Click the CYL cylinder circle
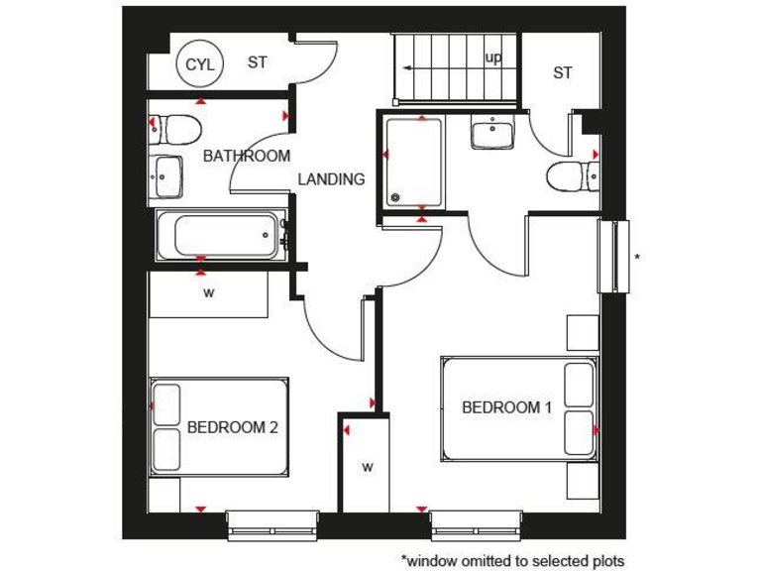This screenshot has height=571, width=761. point(198,64)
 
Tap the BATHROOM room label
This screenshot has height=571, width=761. point(247,156)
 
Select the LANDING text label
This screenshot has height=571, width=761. point(332,179)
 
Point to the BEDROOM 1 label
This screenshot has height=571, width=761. point(507,407)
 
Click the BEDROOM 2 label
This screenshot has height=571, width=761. point(232,428)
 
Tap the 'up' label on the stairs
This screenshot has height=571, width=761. point(493,57)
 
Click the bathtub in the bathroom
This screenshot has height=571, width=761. point(220,237)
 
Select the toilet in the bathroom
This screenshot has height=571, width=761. point(178,128)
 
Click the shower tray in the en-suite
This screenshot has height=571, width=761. point(413,163)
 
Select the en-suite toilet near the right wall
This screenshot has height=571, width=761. point(572,177)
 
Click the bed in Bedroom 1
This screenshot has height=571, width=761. point(518,408)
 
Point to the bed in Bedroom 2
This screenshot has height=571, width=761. point(219,426)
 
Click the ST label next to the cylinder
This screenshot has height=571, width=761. point(258,62)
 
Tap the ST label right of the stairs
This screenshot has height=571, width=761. point(563,72)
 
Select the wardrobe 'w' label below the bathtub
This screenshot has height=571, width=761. point(209,293)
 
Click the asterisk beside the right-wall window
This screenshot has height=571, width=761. point(637,257)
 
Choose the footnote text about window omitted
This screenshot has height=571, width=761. point(512,560)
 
